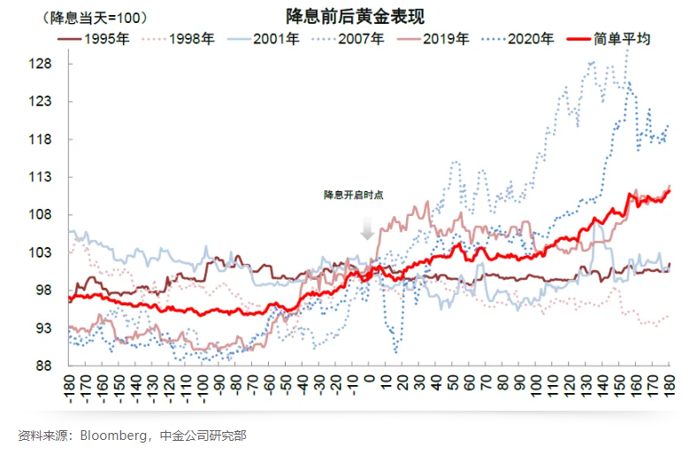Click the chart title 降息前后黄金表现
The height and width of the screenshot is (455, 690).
344,17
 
